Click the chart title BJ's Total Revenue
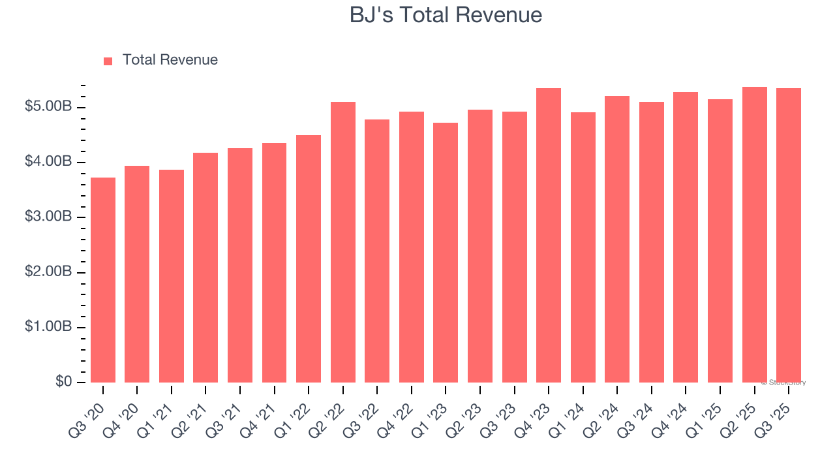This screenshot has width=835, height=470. click(x=446, y=14)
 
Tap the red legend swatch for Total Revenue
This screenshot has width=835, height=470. click(x=108, y=61)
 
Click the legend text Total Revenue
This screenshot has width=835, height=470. click(x=170, y=60)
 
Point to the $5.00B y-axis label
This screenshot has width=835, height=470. click(x=48, y=106)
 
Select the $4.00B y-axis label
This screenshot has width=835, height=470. click(x=48, y=161)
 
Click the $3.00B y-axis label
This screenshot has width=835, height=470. click(x=48, y=217)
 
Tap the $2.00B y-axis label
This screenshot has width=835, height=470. click(x=48, y=272)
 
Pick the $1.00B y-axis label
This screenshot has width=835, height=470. click(x=48, y=326)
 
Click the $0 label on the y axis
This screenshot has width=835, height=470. click(x=63, y=381)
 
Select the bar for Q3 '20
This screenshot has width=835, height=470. click(x=103, y=280)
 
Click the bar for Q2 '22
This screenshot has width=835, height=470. click(x=343, y=242)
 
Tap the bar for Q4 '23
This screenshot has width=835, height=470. click(x=549, y=235)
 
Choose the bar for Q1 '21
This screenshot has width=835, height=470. click(x=172, y=276)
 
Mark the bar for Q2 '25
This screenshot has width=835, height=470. click(x=754, y=234)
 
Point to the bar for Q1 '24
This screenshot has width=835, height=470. click(x=583, y=247)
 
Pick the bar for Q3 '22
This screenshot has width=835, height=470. click(x=377, y=251)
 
